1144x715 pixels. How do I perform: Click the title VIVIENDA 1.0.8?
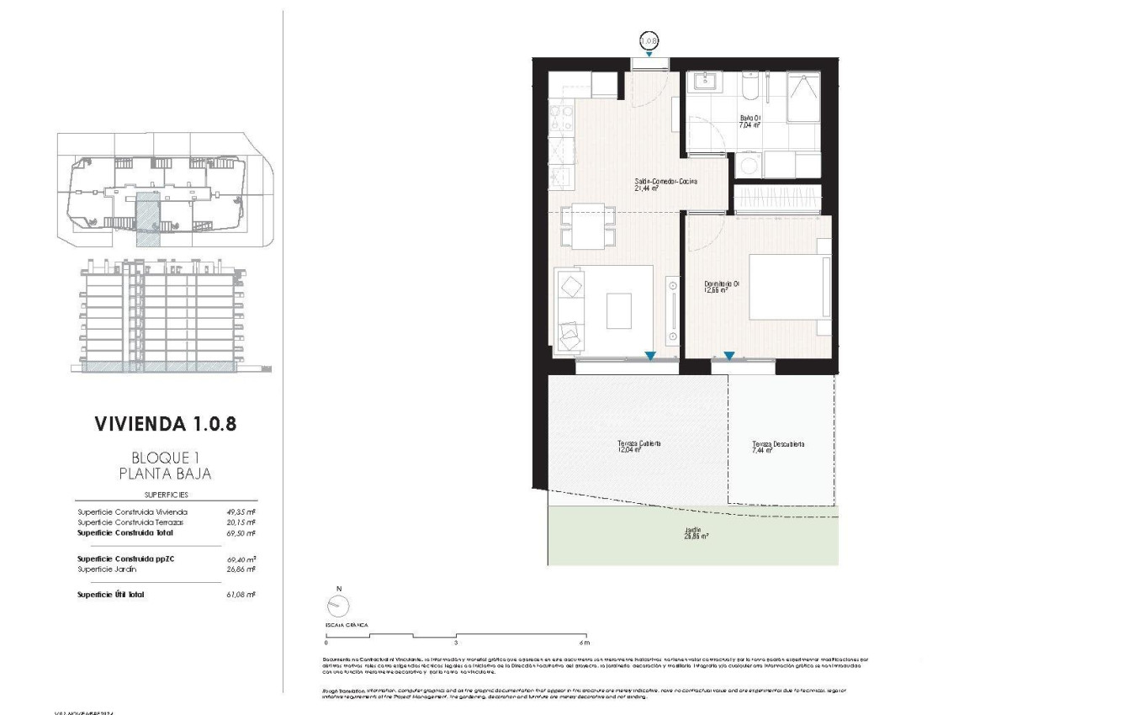pyautogui.click(x=166, y=423)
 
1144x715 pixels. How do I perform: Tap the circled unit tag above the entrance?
pyautogui.click(x=649, y=40)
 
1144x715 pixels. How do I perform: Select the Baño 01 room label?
pyautogui.click(x=749, y=121)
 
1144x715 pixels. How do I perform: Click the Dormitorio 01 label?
pyautogui.click(x=721, y=287)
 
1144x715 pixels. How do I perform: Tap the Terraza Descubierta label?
pyautogui.click(x=778, y=447)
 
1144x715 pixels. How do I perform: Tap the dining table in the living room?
pyautogui.click(x=588, y=225)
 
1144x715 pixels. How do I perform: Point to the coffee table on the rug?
pyautogui.click(x=620, y=310)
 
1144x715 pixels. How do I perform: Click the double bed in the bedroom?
pyautogui.click(x=785, y=287)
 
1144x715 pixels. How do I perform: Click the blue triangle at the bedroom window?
pyautogui.click(x=729, y=357)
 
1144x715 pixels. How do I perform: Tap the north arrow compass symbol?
pyautogui.click(x=338, y=605)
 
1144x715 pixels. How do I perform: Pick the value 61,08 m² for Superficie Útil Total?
pyautogui.click(x=241, y=595)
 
